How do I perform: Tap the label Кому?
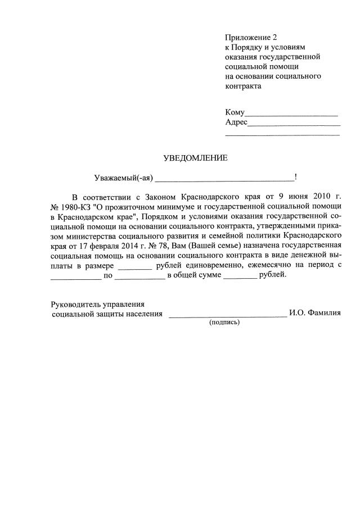[x=235, y=112]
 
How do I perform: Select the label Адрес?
[x=236, y=122]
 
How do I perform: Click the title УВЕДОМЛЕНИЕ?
[x=195, y=158]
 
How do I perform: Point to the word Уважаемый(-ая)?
[x=123, y=178]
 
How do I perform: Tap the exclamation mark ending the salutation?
[x=296, y=178]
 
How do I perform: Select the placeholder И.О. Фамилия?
[x=315, y=314]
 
